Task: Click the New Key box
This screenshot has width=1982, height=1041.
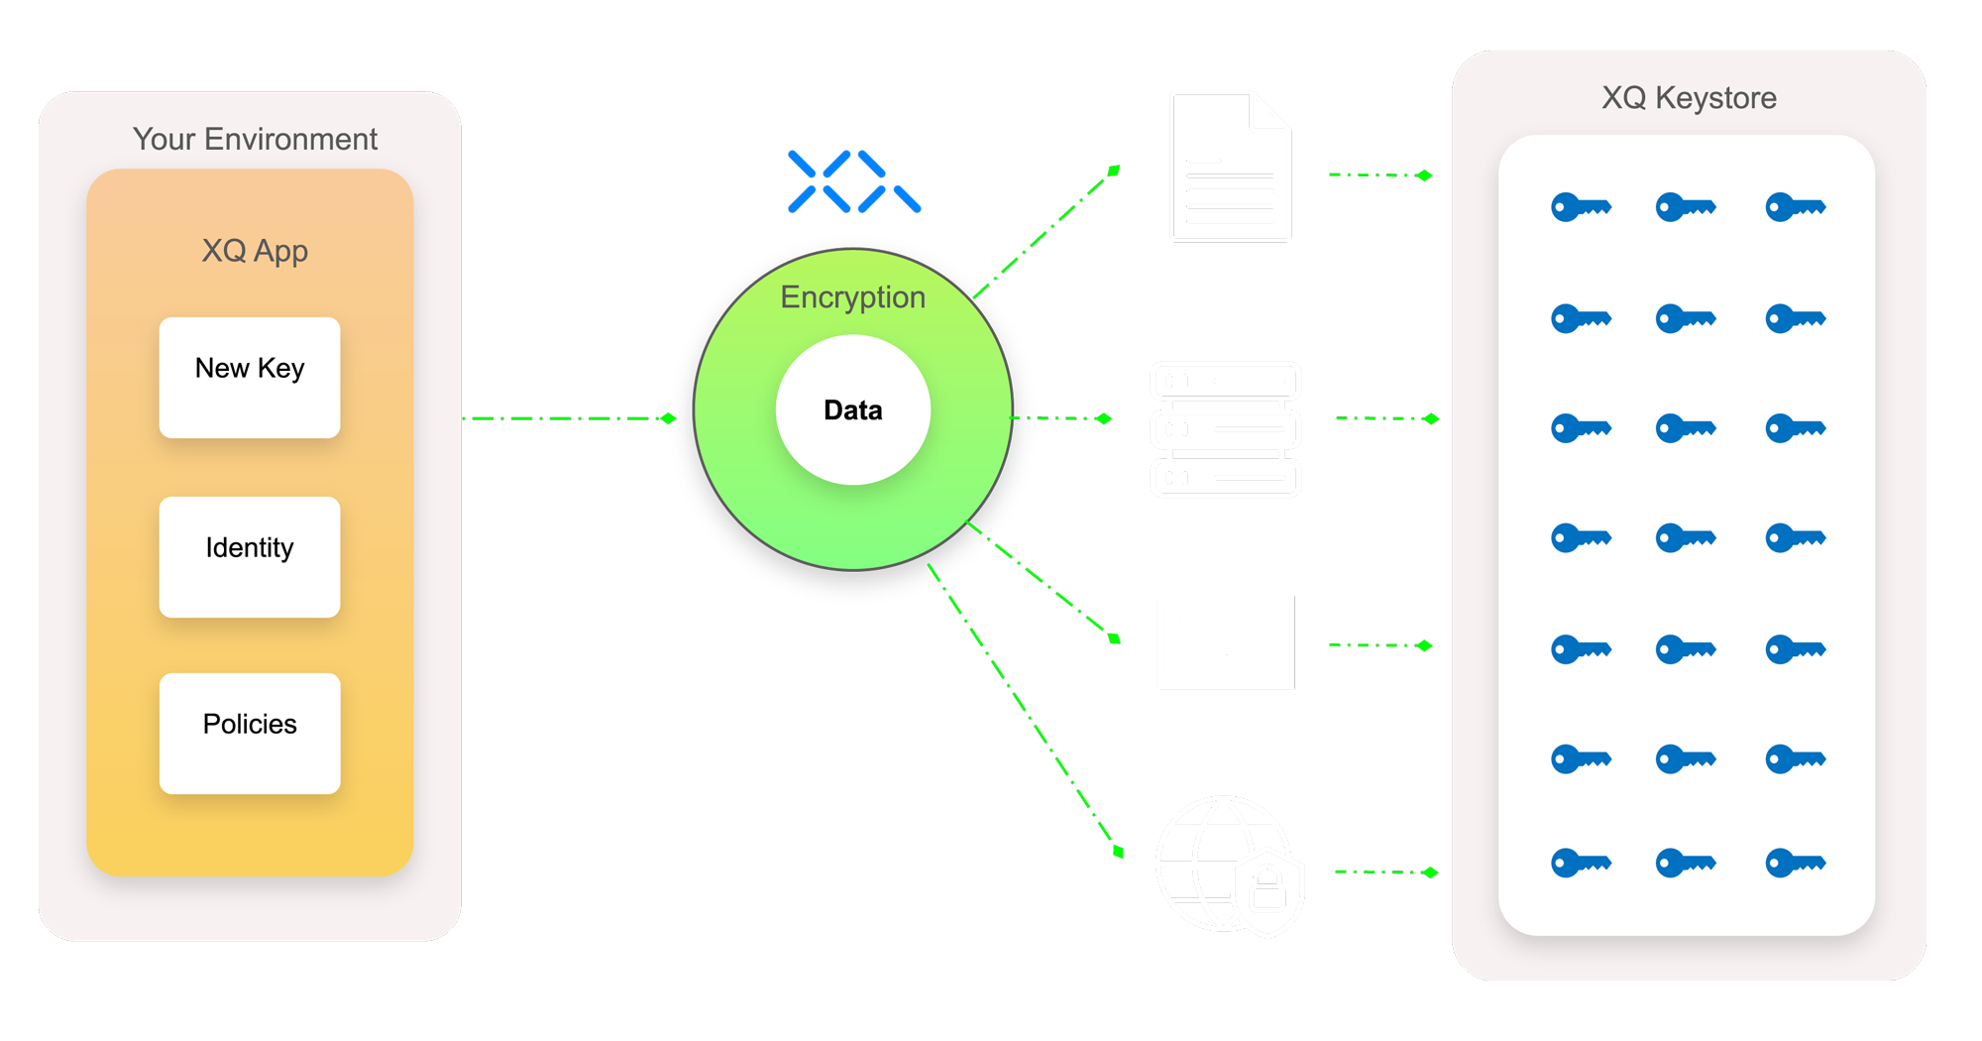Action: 250,377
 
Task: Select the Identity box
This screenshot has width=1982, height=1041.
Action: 250,556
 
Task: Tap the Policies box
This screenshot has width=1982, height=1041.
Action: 250,733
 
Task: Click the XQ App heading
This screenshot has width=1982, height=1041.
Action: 255,251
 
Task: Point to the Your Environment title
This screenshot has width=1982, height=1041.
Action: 255,139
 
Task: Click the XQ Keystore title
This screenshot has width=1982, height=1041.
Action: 1689,98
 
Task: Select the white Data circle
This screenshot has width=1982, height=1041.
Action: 852,409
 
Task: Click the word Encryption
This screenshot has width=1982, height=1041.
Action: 852,297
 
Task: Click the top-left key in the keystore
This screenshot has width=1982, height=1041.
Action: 1581,207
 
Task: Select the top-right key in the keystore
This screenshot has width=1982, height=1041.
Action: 1795,207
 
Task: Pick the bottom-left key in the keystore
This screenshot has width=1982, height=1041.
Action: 1581,864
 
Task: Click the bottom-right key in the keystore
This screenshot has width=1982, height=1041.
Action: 1795,864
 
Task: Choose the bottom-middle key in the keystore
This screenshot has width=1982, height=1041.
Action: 1685,864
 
